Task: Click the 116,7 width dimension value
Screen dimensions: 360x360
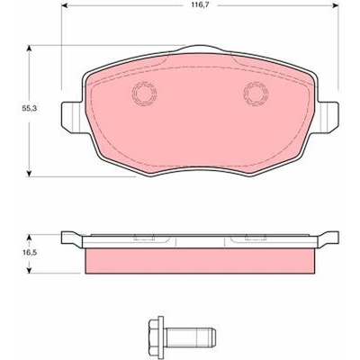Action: click(200, 5)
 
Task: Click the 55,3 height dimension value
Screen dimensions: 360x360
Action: click(29, 109)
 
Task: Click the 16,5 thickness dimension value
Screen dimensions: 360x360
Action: click(29, 253)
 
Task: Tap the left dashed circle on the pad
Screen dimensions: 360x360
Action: click(144, 94)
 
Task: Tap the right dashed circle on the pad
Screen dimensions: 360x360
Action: click(256, 94)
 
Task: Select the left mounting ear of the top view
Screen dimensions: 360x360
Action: click(72, 117)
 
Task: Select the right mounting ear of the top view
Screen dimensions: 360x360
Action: click(328, 117)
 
